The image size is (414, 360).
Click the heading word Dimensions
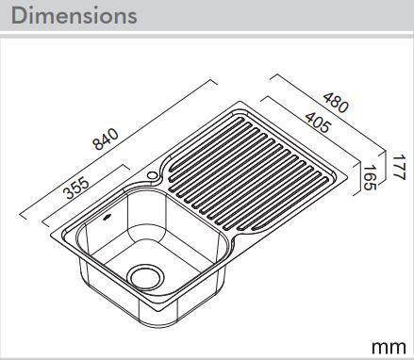coord(75,16)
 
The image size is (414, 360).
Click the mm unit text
coord(389,345)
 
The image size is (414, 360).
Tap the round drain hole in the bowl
coord(147,275)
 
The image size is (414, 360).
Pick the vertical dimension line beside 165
coord(358,179)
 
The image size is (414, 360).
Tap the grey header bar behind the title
coord(283,16)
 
